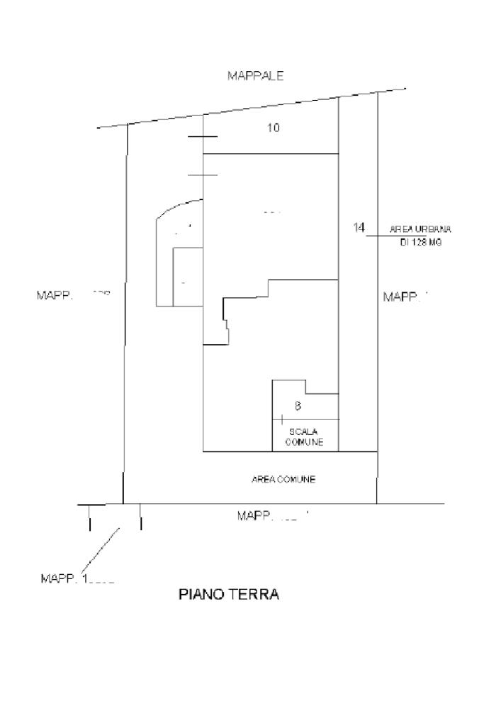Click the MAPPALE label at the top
click(255, 76)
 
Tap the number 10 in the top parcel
click(274, 128)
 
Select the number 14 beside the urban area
click(359, 227)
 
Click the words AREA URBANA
click(420, 229)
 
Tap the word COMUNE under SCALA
click(305, 441)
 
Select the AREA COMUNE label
click(283, 479)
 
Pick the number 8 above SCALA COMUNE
click(298, 406)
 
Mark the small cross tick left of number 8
click(282, 419)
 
